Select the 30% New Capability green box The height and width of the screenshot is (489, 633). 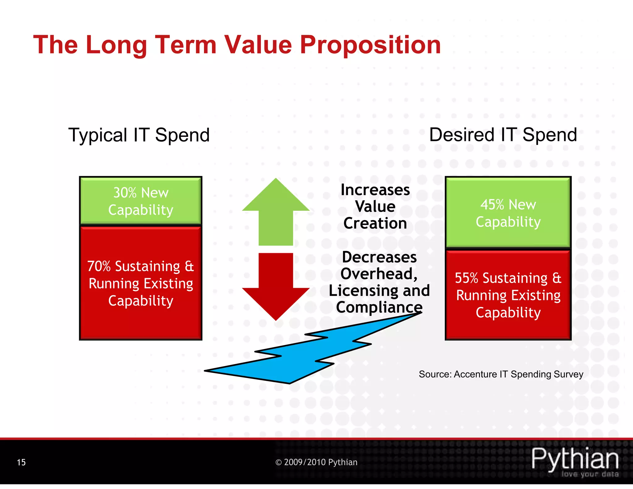pos(141,201)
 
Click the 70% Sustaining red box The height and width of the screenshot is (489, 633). pos(141,283)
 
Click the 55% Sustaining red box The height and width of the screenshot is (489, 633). pos(508,295)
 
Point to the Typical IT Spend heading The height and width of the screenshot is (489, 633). pos(139,135)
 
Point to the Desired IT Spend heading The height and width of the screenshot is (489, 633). pos(503,135)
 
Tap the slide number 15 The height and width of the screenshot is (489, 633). pos(21,462)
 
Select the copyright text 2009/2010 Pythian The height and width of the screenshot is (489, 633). pos(316,462)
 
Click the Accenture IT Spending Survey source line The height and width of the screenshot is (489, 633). pos(501,374)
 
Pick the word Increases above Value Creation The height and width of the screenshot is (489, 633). pos(375,190)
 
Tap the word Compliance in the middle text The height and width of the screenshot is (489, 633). pos(379,307)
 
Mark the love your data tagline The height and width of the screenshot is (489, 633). pos(590,474)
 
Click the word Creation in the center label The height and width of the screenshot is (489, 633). pos(375,223)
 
